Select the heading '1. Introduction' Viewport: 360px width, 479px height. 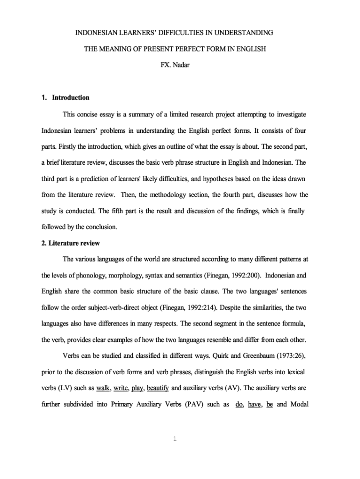coord(65,98)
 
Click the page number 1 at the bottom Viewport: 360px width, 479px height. coord(174,439)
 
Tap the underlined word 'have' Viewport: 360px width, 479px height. coord(254,405)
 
